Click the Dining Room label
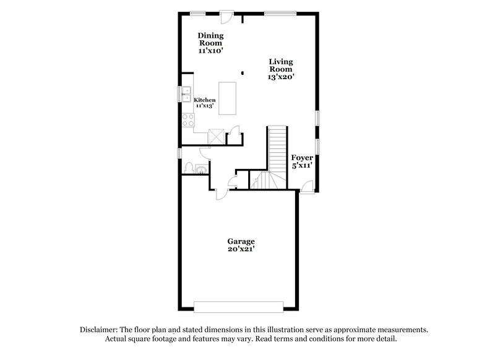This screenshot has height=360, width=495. tap(210, 39)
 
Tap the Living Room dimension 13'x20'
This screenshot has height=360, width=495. tap(281, 77)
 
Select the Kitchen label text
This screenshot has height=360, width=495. tap(205, 100)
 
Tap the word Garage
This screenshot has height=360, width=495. tap(241, 241)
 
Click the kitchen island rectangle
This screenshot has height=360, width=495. tap(228, 99)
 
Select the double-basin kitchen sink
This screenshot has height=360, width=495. tap(186, 93)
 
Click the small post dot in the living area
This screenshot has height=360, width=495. tap(243, 72)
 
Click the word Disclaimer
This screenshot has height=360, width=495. tap(100, 330)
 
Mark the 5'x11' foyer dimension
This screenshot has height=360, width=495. tap(302, 166)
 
